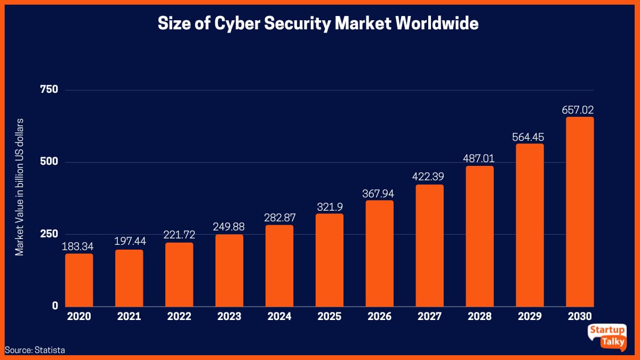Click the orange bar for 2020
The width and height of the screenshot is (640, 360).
point(79,280)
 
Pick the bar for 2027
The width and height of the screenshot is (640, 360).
point(429,245)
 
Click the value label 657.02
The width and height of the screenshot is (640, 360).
point(578,110)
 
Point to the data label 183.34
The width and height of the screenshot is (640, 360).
point(79,247)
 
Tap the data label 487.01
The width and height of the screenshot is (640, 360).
point(479,159)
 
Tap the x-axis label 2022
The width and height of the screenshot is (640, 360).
point(179,317)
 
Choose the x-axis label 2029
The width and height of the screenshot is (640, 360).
point(530,317)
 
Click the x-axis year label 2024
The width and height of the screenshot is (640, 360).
point(279,317)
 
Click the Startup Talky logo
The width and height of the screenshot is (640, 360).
point(607,337)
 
